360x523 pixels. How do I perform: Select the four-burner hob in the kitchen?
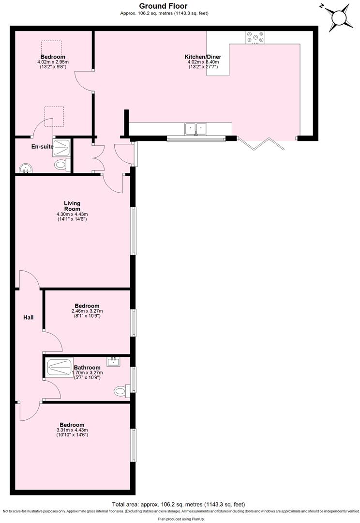tap(255, 38)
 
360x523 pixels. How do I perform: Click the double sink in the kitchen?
tap(196, 129)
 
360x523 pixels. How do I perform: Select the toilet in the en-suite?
tap(60, 165)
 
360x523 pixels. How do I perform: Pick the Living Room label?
tap(72, 206)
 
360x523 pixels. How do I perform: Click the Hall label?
tap(29, 318)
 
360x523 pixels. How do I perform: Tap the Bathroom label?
tap(87, 368)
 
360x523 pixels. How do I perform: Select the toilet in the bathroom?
tap(120, 390)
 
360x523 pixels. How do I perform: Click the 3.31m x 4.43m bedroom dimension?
tap(72, 430)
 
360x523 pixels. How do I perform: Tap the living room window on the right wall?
tap(133, 231)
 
